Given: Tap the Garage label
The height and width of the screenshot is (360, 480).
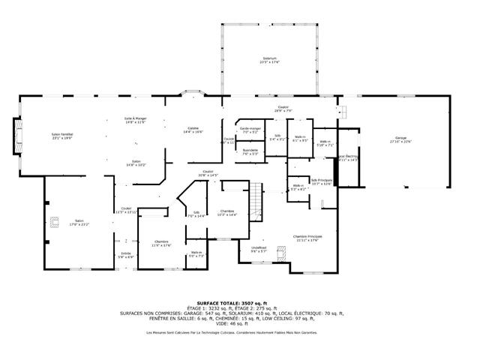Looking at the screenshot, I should click(400, 138).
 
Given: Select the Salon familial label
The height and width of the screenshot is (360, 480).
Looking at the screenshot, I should click(61, 133).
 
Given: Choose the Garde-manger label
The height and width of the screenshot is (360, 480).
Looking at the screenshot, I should click(250, 128).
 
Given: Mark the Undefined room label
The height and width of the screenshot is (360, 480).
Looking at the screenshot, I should click(259, 248).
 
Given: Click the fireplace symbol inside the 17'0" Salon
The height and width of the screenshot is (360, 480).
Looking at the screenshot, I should click(54, 220).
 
